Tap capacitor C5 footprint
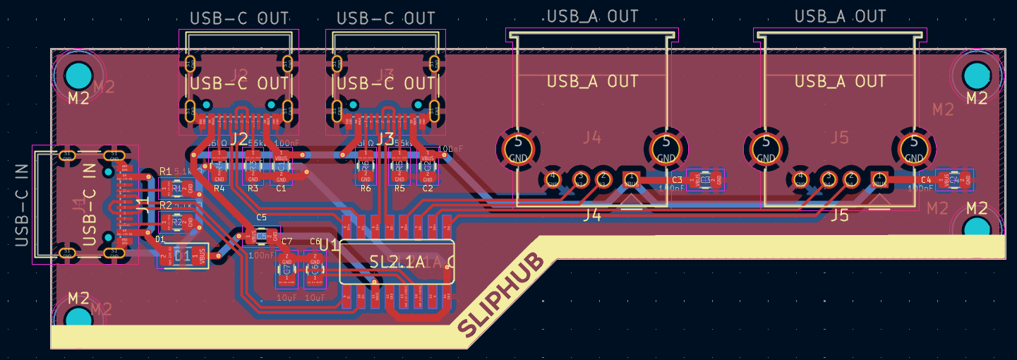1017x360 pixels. (261, 235)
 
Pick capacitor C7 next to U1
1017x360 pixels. (287, 270)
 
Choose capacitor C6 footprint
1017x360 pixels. (315, 270)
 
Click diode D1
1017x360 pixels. (183, 257)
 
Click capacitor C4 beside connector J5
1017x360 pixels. (953, 180)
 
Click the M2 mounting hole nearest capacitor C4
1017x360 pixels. (977, 226)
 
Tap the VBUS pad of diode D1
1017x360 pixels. (203, 257)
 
